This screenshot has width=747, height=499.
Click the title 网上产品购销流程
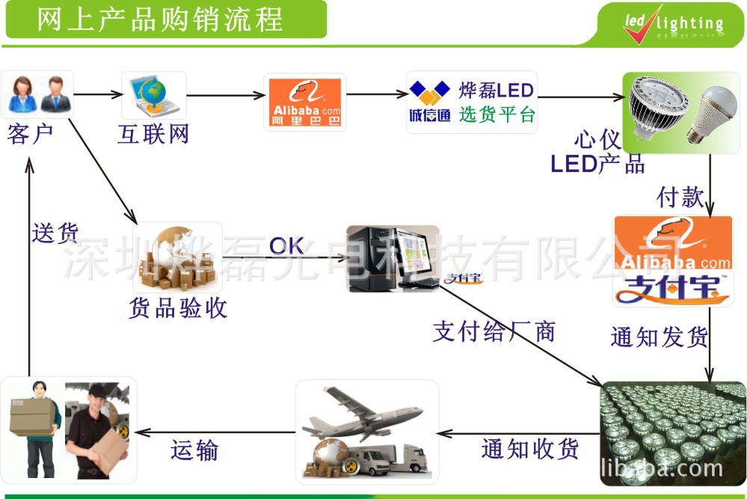[x=161, y=19]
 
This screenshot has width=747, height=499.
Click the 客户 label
[x=31, y=135]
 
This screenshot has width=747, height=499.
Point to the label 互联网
[x=153, y=135]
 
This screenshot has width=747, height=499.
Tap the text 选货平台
[x=497, y=116]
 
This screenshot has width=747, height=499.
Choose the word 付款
[x=680, y=198]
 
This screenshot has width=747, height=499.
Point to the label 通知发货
[x=659, y=337]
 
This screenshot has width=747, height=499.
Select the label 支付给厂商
[x=494, y=331]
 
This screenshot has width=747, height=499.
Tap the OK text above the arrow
[x=286, y=245]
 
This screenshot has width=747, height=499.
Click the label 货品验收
[x=178, y=308]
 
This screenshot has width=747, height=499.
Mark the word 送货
[x=55, y=233]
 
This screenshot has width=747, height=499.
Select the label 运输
[x=194, y=450]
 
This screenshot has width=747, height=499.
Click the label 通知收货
[x=530, y=449]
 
